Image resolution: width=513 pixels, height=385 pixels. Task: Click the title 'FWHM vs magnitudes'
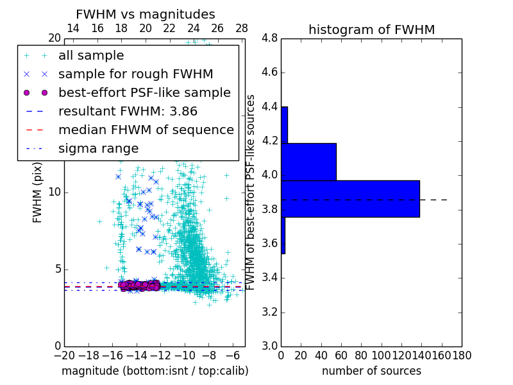pos(146,14)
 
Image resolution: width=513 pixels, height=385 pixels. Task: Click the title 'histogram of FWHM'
pos(371,30)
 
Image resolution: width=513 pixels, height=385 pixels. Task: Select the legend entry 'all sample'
pos(91,56)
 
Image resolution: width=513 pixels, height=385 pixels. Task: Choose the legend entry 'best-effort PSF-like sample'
pos(144,92)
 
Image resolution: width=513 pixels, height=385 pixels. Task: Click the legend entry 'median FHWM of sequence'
pos(146,130)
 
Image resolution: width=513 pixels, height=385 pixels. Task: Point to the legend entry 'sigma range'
pos(98,148)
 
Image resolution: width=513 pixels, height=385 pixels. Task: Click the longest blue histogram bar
pos(350,199)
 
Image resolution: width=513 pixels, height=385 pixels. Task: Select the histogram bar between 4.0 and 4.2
pos(308,162)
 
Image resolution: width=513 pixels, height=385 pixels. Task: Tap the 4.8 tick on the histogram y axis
pos(269,38)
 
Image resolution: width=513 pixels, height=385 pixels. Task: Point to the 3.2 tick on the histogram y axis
pos(269,312)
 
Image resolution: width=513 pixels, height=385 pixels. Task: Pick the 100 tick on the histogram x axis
pos(382,355)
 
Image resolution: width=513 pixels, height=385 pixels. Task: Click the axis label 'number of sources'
pos(371,371)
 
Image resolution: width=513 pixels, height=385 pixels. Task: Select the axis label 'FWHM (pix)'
pos(37,193)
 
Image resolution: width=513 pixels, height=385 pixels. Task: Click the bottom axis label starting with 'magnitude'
pos(155,371)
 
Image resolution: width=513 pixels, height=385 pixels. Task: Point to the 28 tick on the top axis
pos(242,29)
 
